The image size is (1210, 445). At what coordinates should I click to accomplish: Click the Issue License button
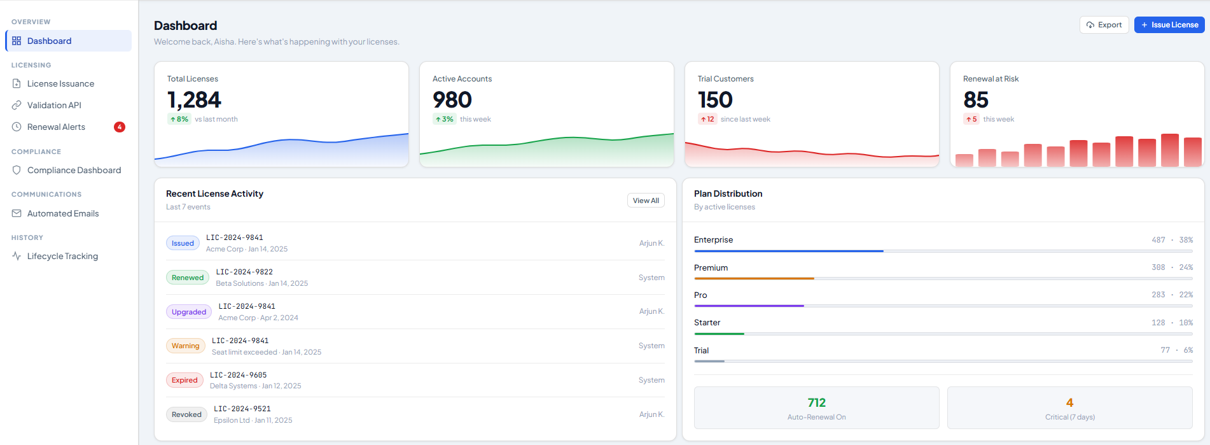pyautogui.click(x=1169, y=25)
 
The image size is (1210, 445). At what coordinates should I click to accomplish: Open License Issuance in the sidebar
pyautogui.click(x=60, y=83)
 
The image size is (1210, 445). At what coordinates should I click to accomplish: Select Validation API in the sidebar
pyautogui.click(x=54, y=105)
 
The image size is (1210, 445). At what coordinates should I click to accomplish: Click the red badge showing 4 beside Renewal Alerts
pyautogui.click(x=120, y=127)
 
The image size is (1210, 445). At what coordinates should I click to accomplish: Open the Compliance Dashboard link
pyautogui.click(x=74, y=170)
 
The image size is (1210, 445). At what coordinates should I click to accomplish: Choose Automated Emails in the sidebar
pyautogui.click(x=63, y=213)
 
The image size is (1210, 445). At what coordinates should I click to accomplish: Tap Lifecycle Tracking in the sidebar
pyautogui.click(x=62, y=256)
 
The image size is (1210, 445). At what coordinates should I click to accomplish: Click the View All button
pyautogui.click(x=646, y=201)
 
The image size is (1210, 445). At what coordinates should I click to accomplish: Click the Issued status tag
pyautogui.click(x=183, y=243)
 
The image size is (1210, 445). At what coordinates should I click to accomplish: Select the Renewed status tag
pyautogui.click(x=188, y=278)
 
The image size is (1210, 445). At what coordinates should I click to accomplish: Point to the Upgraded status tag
pyautogui.click(x=189, y=312)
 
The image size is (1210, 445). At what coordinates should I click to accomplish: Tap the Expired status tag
pyautogui.click(x=184, y=380)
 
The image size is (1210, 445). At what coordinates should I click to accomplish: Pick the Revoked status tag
pyautogui.click(x=186, y=414)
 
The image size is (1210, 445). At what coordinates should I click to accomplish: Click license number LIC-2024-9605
pyautogui.click(x=239, y=375)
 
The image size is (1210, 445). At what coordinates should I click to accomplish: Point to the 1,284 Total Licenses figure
pyautogui.click(x=194, y=100)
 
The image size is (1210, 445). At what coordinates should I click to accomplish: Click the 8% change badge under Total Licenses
pyautogui.click(x=179, y=119)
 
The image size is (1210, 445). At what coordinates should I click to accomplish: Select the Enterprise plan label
pyautogui.click(x=713, y=240)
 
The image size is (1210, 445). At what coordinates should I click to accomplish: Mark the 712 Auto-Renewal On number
pyautogui.click(x=816, y=402)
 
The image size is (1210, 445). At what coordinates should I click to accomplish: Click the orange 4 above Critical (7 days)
pyautogui.click(x=1069, y=402)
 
